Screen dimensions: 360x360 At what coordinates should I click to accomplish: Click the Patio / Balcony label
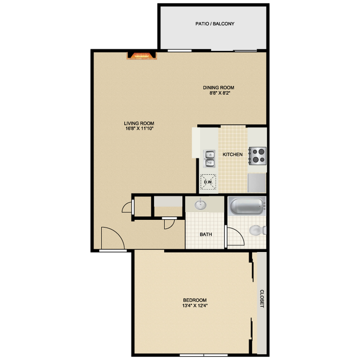[215, 24]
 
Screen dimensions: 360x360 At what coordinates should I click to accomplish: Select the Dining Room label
[219, 88]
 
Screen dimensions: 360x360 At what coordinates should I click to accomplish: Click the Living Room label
[139, 124]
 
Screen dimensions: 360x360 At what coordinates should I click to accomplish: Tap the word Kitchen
[232, 154]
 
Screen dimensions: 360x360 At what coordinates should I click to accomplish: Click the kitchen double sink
[209, 158]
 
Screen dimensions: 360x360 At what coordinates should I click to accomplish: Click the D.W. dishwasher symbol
[209, 182]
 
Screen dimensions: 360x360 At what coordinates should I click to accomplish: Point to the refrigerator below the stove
[258, 181]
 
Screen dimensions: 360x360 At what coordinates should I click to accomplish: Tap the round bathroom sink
[200, 205]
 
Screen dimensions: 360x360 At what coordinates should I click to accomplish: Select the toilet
[256, 230]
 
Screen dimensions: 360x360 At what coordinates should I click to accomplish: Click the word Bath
[205, 234]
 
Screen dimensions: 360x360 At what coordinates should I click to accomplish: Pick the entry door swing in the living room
[112, 238]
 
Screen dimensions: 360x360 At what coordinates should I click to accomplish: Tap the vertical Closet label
[261, 299]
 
